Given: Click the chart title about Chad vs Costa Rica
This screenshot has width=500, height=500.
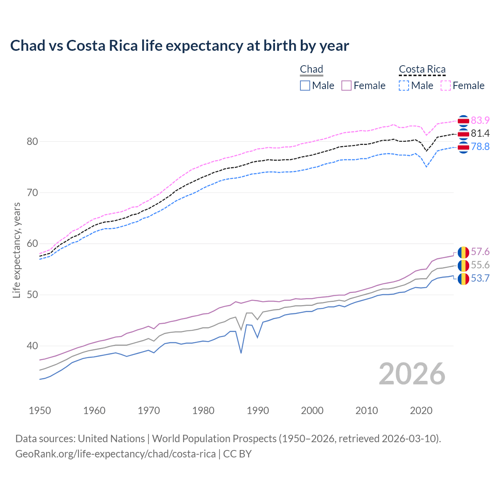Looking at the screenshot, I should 179,46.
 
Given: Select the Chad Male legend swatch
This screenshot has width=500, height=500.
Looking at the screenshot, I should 305,86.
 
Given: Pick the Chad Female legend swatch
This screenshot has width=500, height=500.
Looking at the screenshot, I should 347,86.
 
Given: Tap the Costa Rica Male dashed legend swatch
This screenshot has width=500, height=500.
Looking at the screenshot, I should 404,86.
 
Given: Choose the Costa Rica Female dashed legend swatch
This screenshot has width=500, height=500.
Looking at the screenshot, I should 446,86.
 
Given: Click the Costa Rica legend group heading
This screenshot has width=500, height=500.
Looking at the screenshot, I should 422,69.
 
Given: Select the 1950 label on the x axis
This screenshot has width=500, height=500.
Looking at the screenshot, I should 40,411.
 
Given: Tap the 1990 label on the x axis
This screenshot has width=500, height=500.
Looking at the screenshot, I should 258,411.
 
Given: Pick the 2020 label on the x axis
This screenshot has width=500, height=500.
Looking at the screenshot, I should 421,411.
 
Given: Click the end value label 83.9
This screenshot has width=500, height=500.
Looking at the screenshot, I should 480,120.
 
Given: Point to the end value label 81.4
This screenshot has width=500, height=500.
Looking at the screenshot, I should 480,134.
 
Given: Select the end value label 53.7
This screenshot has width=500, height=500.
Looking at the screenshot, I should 480,278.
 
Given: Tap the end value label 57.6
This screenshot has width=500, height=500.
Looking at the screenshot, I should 480,252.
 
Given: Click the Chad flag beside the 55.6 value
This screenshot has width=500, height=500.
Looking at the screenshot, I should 463,265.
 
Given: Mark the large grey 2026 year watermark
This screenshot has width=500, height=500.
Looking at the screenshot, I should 412,374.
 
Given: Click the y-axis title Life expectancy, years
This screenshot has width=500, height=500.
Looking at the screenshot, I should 17,250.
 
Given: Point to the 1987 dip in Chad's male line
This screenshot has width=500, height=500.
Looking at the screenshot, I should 241,353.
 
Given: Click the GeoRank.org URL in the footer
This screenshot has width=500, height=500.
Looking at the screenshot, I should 115,454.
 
